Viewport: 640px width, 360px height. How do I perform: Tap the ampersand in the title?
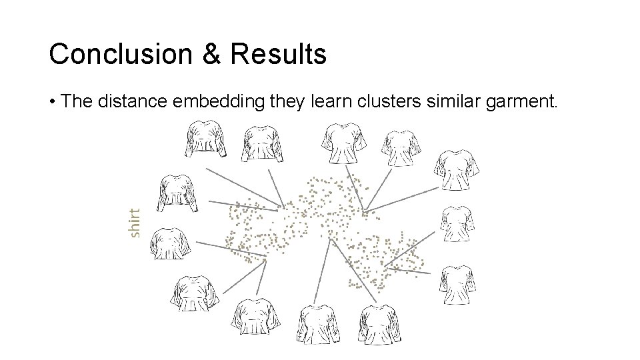coord(210,54)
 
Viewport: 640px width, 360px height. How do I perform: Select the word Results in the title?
coord(279,54)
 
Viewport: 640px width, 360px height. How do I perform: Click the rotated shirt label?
coord(135,223)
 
